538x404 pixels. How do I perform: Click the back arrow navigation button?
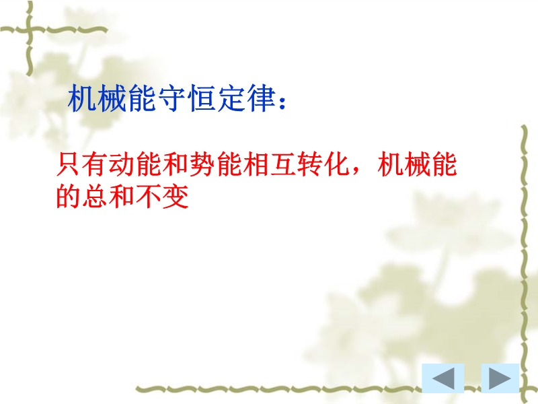point(443,378)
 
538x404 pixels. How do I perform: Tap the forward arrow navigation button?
point(500,378)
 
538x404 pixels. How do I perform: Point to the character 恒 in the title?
point(202,98)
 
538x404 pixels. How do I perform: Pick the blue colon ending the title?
point(282,102)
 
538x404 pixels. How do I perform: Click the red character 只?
point(69,164)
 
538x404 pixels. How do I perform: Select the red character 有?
point(95,164)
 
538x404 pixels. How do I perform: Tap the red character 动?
point(122,164)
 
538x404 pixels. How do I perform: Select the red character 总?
point(95,196)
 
